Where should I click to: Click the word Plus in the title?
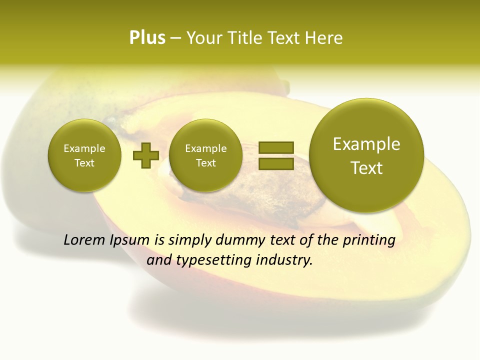click(x=147, y=38)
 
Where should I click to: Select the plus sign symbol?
click(x=146, y=155)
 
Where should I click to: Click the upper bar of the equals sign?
click(x=276, y=147)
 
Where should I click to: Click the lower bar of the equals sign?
click(x=276, y=163)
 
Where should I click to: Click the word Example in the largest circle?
click(x=366, y=144)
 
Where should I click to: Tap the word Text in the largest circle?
click(x=366, y=168)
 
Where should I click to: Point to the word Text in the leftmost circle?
click(x=84, y=163)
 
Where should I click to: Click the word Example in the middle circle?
click(x=206, y=148)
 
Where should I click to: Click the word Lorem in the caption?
click(x=84, y=240)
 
